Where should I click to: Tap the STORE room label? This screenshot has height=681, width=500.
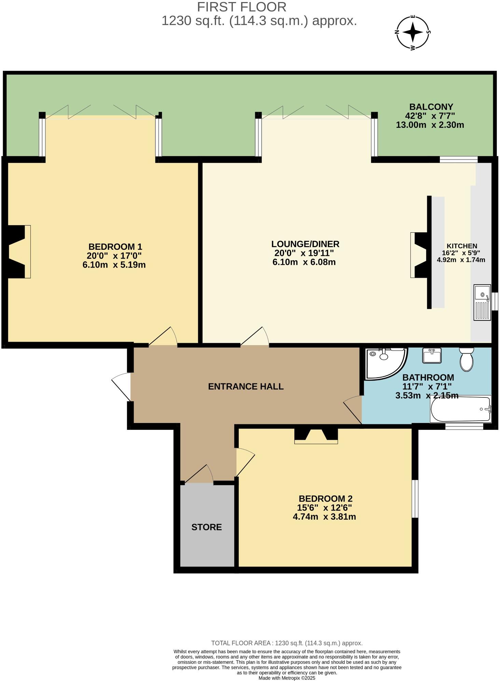206,527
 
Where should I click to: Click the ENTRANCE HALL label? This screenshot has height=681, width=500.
246,386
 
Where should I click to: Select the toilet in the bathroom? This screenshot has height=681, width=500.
466,359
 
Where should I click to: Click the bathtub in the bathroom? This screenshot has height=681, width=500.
460,409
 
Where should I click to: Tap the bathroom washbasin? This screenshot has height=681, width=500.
432,355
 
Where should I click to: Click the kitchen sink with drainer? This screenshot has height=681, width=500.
482,302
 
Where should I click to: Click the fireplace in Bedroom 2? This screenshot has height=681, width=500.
316,436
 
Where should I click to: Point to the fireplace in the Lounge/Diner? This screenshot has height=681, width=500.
419,255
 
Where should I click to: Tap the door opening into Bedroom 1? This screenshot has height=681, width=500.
163,337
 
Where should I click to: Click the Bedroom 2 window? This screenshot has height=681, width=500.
415,499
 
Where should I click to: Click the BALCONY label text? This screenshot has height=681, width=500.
431,107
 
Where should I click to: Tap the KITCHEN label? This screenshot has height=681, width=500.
462,246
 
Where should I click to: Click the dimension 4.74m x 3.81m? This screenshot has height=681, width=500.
324,517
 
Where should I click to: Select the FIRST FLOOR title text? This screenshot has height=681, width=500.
241,7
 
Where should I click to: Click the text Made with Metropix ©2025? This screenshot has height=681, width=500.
287,678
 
